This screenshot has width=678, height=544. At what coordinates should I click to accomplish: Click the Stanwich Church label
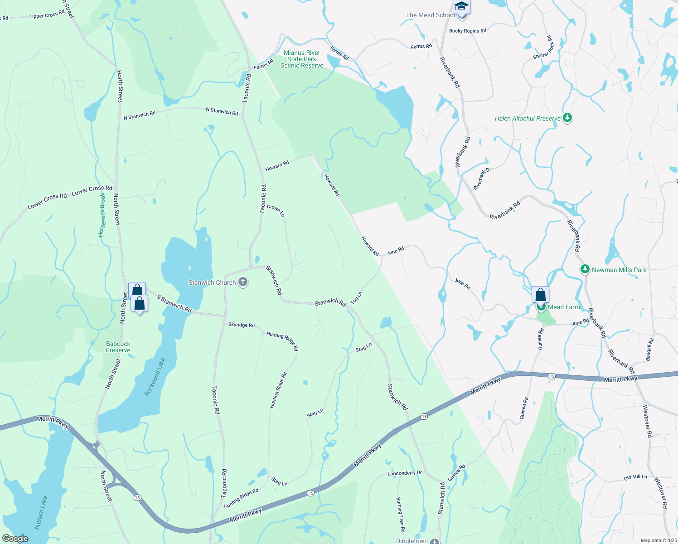click(x=212, y=282)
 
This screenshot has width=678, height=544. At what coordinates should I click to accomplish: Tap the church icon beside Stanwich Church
click(x=243, y=282)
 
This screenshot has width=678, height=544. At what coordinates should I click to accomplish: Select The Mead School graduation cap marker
click(x=461, y=7)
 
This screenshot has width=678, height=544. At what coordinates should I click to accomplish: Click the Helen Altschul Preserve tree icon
click(x=567, y=118)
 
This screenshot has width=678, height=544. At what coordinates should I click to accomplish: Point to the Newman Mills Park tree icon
click(x=585, y=270)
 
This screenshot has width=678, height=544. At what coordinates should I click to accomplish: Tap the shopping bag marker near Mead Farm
click(x=540, y=295)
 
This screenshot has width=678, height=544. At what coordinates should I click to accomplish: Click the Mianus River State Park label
click(x=302, y=59)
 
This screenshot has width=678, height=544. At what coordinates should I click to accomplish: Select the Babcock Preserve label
click(x=118, y=347)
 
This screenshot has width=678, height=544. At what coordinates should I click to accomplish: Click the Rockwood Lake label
click(x=155, y=377)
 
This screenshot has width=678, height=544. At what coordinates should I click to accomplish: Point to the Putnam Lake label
click(x=41, y=513)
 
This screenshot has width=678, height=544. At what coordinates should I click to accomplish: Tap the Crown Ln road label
click(x=276, y=210)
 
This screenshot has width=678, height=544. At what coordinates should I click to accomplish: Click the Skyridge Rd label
click(x=241, y=325)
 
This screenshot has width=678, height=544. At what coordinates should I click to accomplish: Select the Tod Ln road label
click(x=356, y=298)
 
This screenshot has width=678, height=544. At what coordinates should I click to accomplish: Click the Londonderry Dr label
click(x=404, y=473)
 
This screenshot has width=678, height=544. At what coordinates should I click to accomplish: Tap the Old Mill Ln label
click(x=635, y=477)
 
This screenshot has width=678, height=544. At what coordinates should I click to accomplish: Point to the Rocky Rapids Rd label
click(x=467, y=31)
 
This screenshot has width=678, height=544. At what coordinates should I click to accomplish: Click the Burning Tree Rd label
click(x=400, y=515)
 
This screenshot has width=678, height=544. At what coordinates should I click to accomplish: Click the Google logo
click(x=15, y=539)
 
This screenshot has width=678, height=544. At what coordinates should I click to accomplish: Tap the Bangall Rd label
click(x=650, y=350)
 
